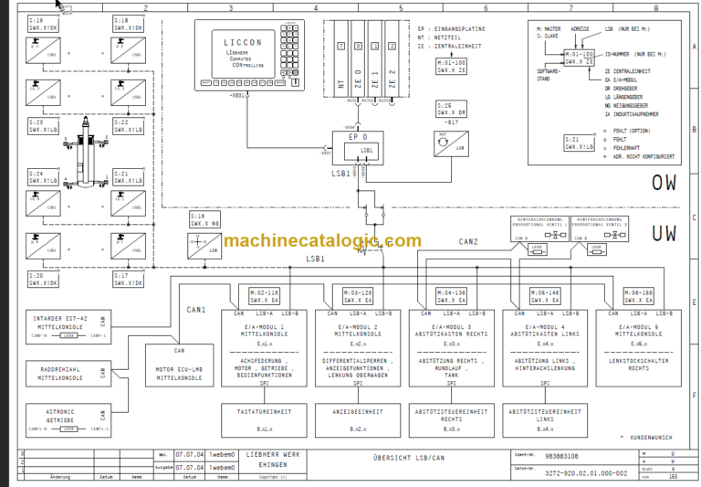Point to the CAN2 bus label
pyautogui.click(x=470, y=242)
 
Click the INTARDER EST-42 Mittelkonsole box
pyautogui.click(x=67, y=326)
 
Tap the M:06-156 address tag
pyautogui.click(x=638, y=294)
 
